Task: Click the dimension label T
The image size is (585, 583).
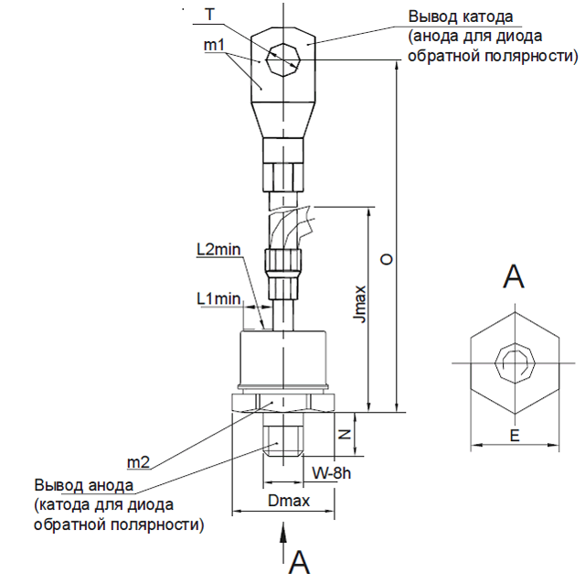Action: tap(210, 15)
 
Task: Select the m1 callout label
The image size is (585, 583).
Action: tap(214, 45)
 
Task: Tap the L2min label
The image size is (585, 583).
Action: tap(218, 250)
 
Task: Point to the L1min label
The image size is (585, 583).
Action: tap(218, 298)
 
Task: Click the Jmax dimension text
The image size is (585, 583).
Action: tap(359, 304)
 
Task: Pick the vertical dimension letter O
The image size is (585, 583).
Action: tap(386, 259)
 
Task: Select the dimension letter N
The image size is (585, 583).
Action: tap(345, 434)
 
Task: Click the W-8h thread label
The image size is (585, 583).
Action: tap(331, 473)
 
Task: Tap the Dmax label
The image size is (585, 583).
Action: tap(289, 501)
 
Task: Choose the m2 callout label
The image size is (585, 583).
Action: tap(138, 463)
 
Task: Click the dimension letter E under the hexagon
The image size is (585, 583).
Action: tap(515, 436)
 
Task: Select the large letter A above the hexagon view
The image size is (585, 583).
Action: tap(514, 276)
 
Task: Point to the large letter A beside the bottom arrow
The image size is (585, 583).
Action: tap(299, 562)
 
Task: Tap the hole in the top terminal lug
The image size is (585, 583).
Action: tap(283, 59)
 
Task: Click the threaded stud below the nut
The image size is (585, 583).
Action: tap(283, 435)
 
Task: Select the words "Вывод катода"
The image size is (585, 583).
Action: tap(461, 17)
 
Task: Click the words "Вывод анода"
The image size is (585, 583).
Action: tap(83, 485)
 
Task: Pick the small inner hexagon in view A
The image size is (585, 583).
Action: tap(515, 363)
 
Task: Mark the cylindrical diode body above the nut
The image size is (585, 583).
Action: tap(283, 358)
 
